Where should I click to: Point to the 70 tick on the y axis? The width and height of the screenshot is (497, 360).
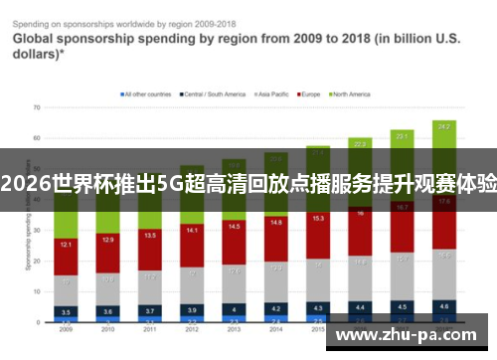(37, 106)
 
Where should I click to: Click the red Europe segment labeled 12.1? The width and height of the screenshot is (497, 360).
(66, 245)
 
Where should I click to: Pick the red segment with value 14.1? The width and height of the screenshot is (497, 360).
(192, 231)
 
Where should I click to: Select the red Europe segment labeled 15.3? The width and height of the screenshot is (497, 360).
(318, 218)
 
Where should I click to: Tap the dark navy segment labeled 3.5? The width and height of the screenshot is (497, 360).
(66, 311)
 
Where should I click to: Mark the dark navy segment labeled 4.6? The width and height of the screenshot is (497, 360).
(444, 306)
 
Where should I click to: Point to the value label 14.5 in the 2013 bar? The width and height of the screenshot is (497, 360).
(234, 227)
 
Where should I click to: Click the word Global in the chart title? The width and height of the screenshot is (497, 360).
(34, 38)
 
